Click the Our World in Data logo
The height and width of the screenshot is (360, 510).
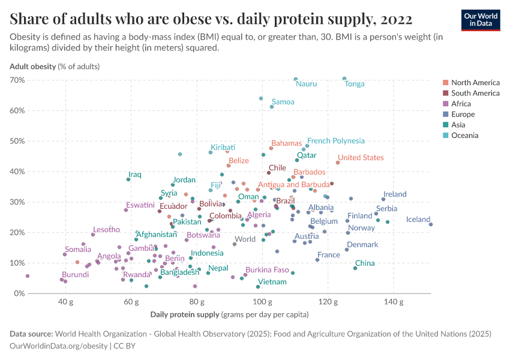481,20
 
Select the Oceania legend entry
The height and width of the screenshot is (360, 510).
464,136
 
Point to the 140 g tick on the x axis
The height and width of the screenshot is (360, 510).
393,302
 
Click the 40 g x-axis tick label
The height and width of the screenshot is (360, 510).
66,302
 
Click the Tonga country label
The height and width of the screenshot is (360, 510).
355,84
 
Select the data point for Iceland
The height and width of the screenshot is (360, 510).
431,224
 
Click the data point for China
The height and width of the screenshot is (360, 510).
355,268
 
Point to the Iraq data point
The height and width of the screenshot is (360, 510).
128,179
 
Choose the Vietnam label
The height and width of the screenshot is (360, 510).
272,281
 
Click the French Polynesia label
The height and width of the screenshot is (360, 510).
335,141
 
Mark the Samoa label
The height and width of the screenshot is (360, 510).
283,102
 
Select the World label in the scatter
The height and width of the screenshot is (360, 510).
245,239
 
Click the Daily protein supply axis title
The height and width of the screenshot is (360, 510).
185,314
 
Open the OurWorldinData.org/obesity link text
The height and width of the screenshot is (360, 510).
59,346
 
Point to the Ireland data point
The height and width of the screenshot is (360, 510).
383,199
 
